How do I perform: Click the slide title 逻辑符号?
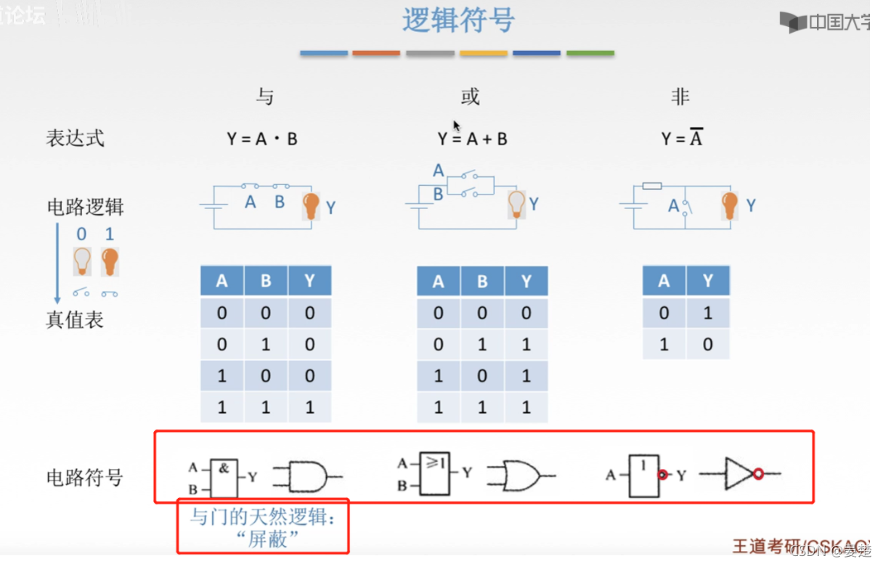click(x=458, y=21)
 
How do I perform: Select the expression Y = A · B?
click(x=262, y=139)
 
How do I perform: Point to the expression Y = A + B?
click(x=472, y=139)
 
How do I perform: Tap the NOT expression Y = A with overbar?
click(x=681, y=139)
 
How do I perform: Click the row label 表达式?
click(x=75, y=138)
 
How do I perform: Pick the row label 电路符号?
click(x=84, y=478)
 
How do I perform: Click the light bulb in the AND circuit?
click(x=311, y=206)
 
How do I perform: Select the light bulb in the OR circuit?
click(x=516, y=204)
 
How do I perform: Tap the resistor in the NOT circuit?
click(x=652, y=186)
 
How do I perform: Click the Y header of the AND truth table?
click(x=309, y=281)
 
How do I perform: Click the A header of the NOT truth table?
click(x=664, y=281)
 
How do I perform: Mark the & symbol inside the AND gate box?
click(x=224, y=468)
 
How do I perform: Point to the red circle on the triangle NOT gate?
click(x=758, y=474)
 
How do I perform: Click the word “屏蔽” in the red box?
click(x=267, y=539)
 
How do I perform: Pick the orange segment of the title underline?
click(x=376, y=53)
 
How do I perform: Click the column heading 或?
click(x=470, y=97)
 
